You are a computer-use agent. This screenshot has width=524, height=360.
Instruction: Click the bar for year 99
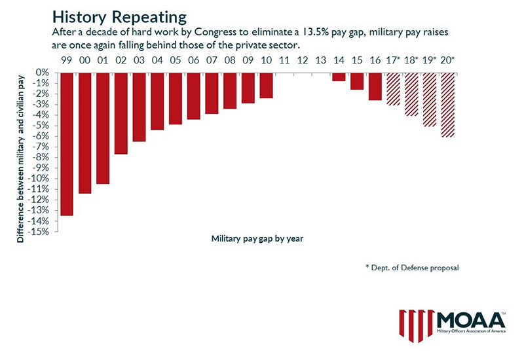[x=66, y=143]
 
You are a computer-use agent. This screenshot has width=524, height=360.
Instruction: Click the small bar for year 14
[x=338, y=77]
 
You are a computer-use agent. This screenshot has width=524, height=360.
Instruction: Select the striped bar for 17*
[x=392, y=89]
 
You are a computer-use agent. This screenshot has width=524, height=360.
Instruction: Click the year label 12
[x=302, y=60]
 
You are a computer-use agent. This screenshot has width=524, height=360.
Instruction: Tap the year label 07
[x=212, y=60]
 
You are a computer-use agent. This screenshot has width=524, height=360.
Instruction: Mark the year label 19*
[x=430, y=60]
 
